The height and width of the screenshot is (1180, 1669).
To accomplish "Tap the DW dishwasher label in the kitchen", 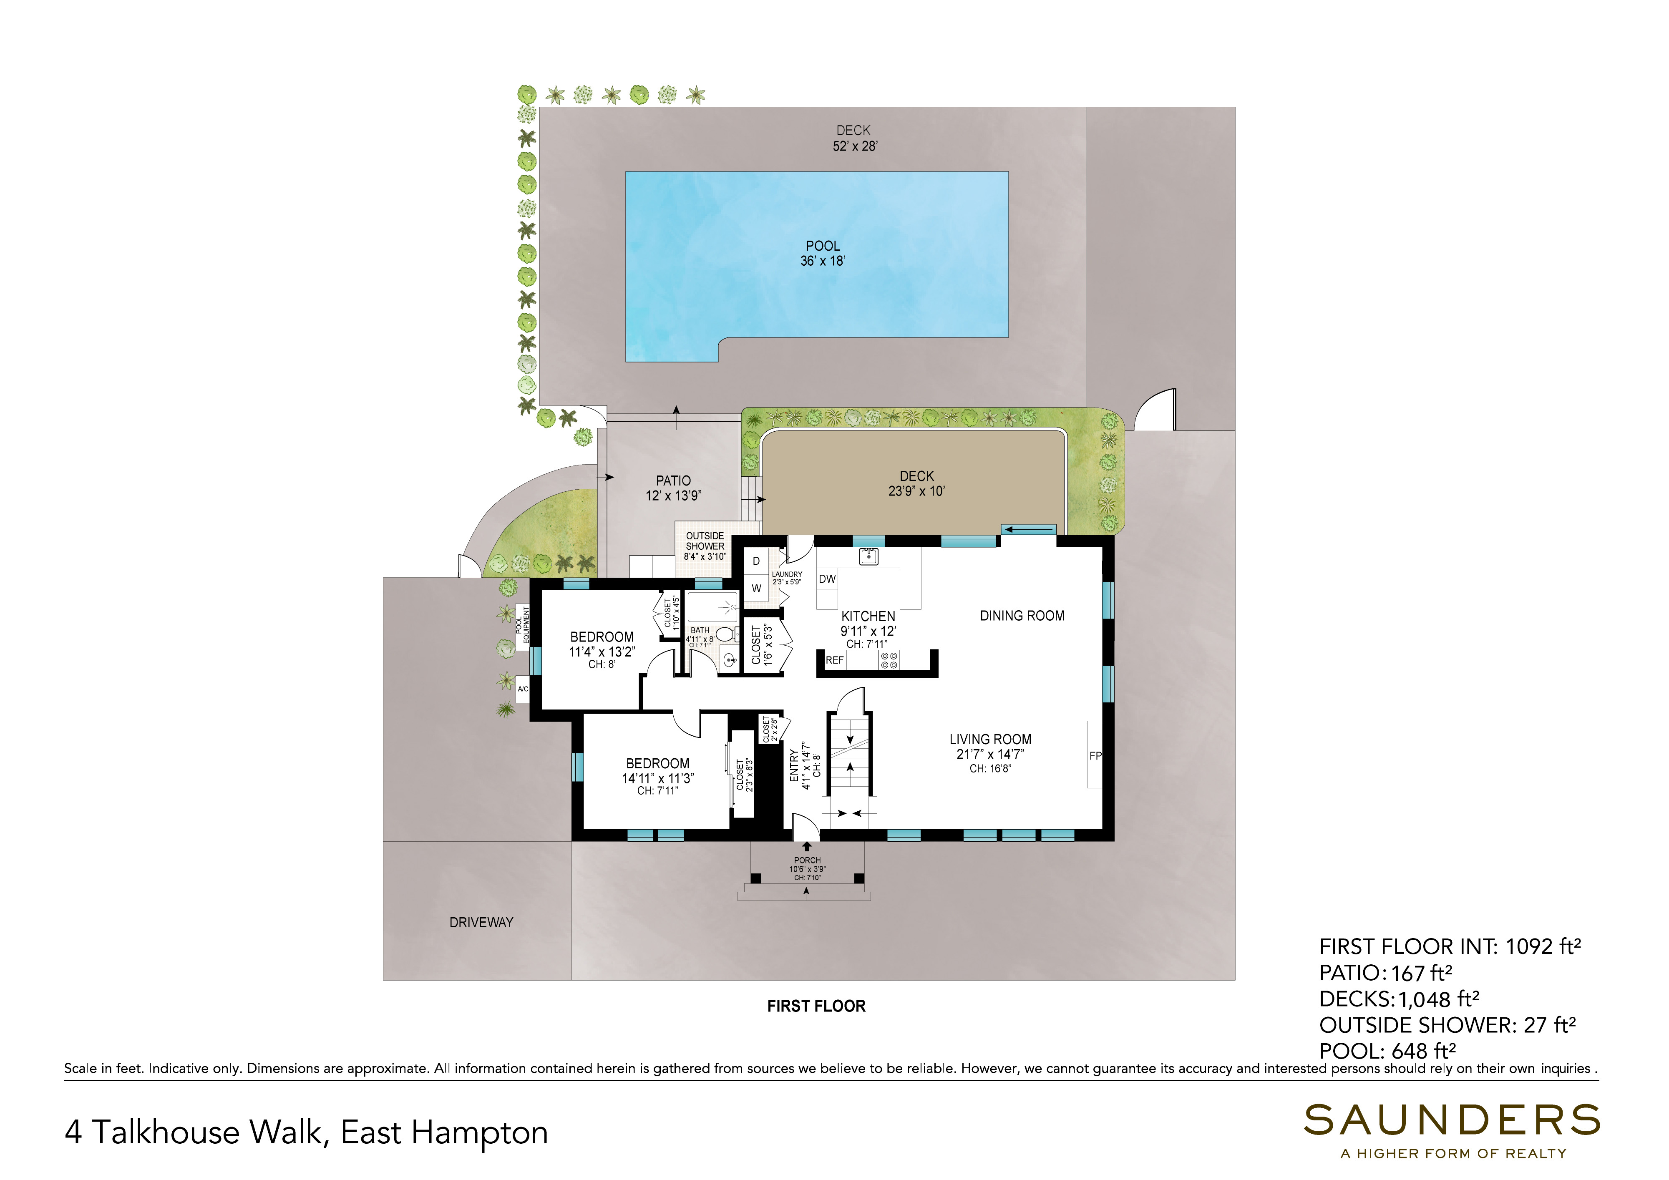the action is tap(827, 579).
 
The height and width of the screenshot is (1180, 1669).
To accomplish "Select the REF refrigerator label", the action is tap(834, 660).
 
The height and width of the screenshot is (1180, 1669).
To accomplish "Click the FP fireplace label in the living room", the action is tap(1095, 755).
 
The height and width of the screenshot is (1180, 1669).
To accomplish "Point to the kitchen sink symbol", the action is tap(868, 557).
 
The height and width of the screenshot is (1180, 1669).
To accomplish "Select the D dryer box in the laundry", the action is tap(756, 561).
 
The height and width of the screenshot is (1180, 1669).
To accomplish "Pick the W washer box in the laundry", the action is tap(756, 588).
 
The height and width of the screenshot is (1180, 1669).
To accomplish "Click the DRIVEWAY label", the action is tap(481, 922).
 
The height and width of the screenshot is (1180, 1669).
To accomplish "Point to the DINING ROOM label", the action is tap(1022, 616).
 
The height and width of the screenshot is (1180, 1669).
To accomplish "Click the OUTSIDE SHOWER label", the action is tap(705, 541).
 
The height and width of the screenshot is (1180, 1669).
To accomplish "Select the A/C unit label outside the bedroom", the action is tap(523, 689).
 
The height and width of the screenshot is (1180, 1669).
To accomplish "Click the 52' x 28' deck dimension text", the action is tap(855, 146).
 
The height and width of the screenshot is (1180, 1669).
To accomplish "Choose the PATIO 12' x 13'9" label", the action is tap(673, 488).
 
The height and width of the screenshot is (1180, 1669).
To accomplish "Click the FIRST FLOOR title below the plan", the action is tap(816, 1006).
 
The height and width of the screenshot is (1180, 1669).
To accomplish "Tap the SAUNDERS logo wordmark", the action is tap(1452, 1120).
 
